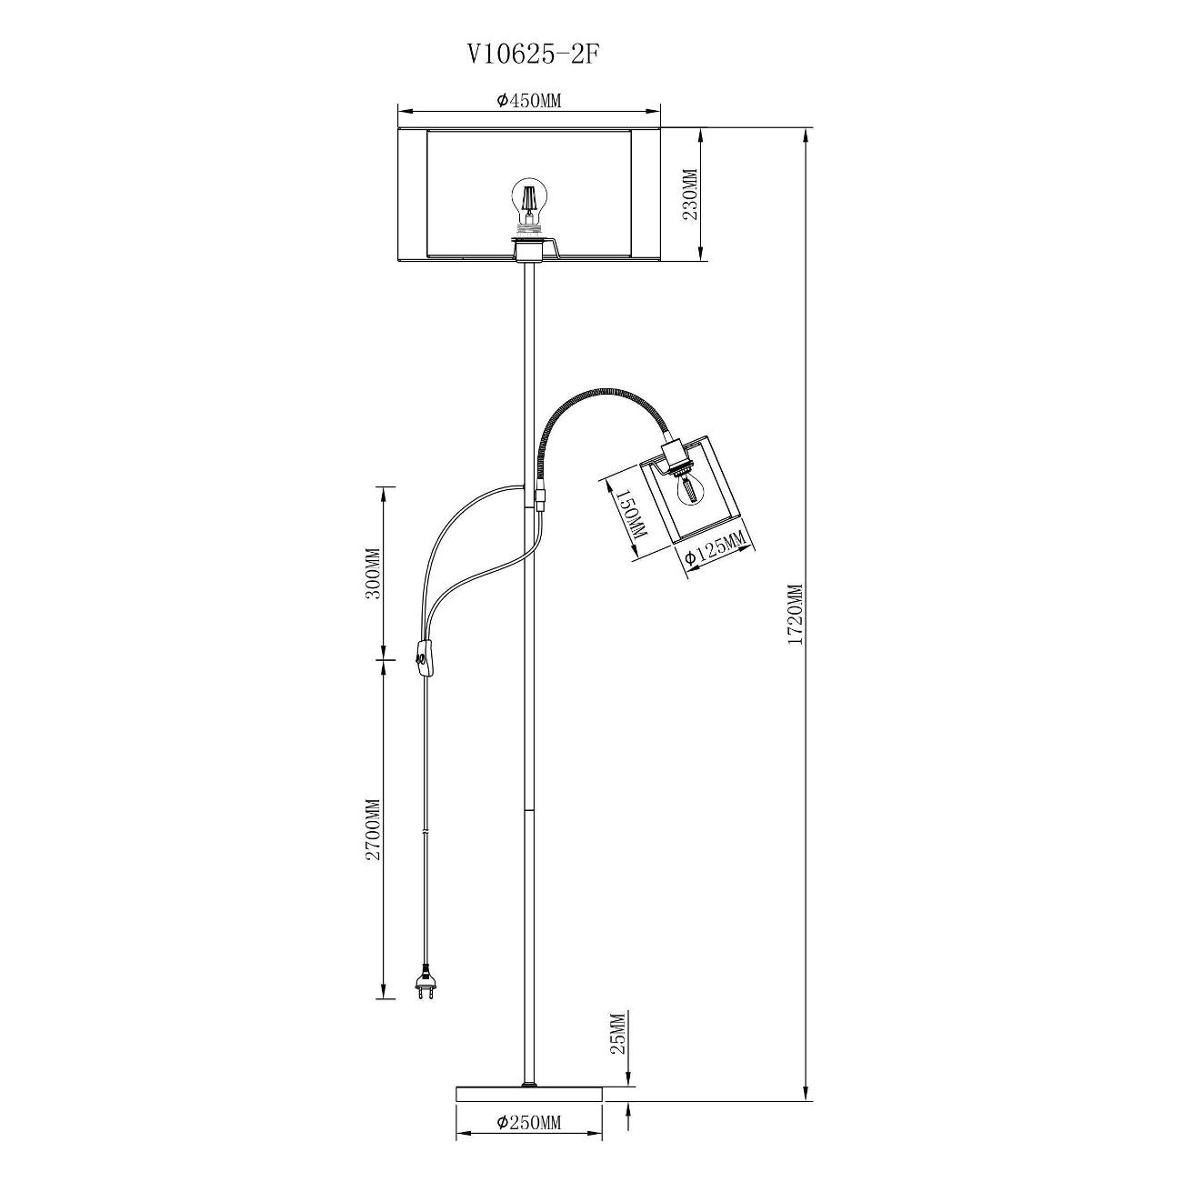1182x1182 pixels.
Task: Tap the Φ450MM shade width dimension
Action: tap(529, 101)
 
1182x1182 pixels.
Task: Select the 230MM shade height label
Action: tap(690, 195)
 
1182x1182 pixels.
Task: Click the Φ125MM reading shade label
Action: tap(717, 547)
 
